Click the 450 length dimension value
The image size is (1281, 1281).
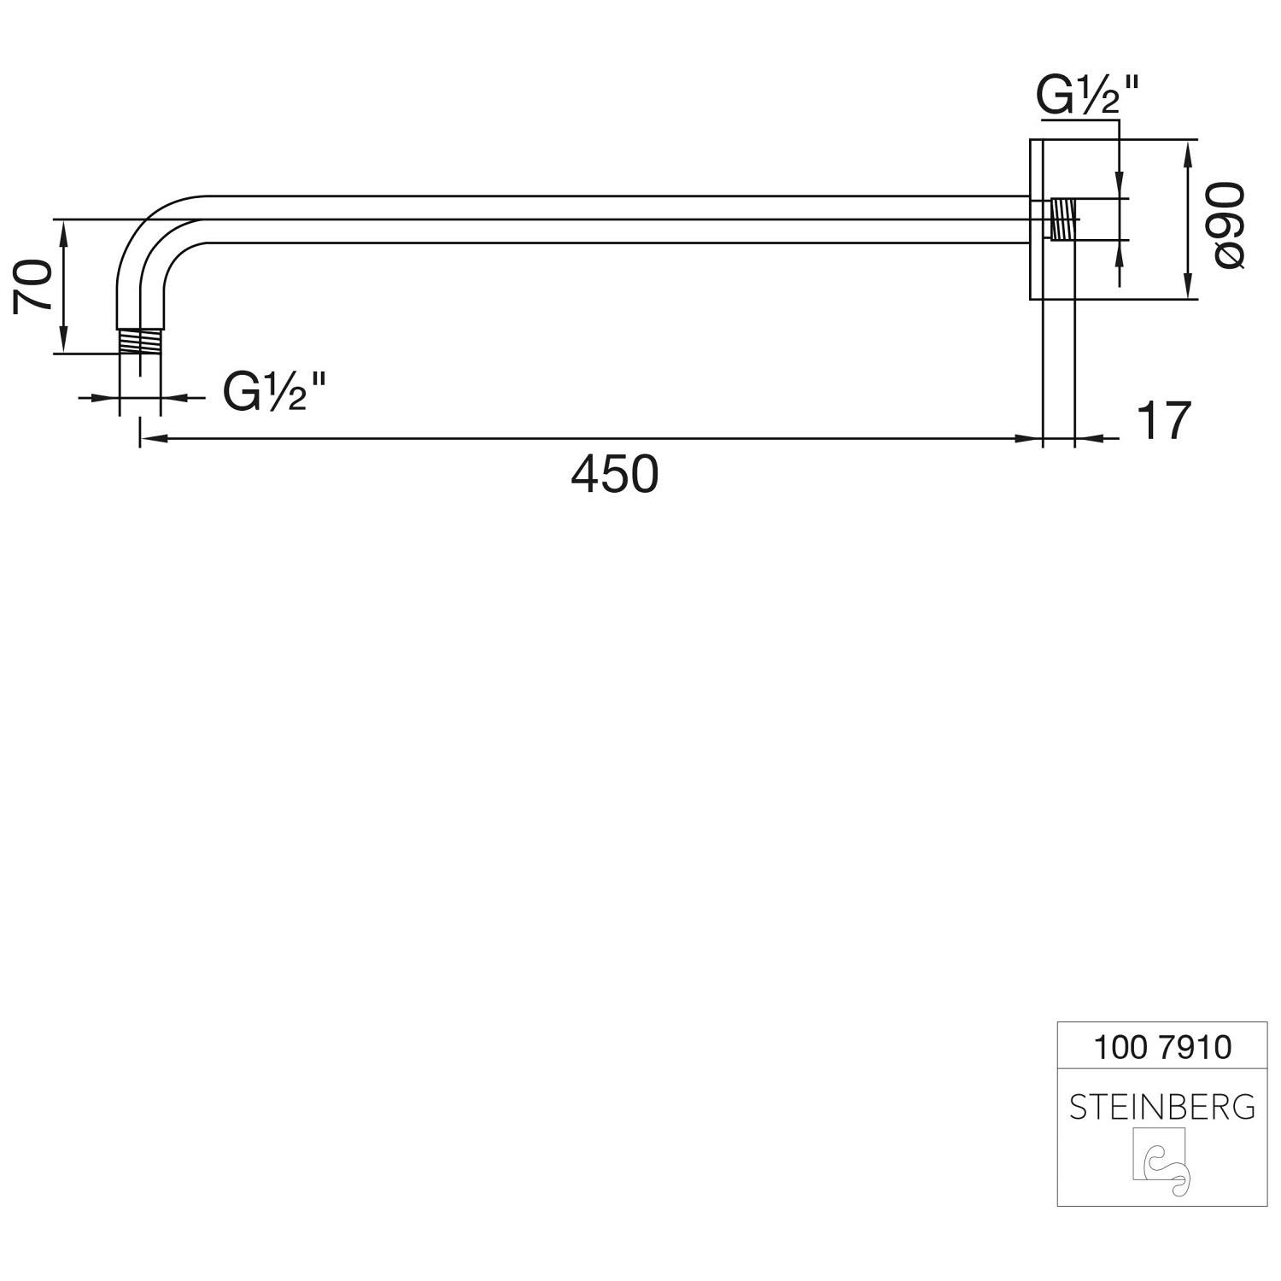click(615, 475)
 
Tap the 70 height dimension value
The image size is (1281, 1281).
click(35, 287)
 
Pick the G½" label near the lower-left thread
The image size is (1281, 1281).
click(275, 392)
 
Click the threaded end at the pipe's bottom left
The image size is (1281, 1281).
click(139, 341)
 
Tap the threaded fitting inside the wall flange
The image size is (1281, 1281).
click(1062, 219)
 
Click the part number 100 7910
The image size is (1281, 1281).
click(1162, 1047)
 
